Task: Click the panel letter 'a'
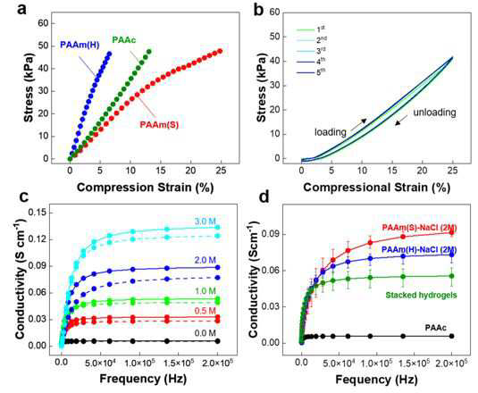(21, 9)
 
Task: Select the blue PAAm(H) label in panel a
(80, 45)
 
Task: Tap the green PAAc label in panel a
(124, 40)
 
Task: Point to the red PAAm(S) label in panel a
(159, 125)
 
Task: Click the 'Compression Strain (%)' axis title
(145, 187)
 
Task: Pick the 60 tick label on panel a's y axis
(43, 23)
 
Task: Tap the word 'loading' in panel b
(331, 132)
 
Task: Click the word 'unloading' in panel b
(434, 113)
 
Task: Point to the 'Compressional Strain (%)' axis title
(376, 187)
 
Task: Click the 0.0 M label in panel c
(205, 333)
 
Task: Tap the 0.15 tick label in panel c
(38, 212)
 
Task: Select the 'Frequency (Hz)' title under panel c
(143, 379)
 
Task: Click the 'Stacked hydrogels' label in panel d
(422, 295)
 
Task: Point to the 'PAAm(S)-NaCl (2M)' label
(419, 228)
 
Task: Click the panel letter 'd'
(264, 197)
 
